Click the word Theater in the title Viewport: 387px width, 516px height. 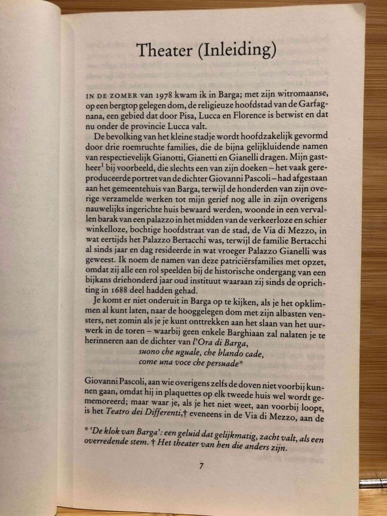[163, 51]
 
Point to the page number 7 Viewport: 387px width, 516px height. [201, 466]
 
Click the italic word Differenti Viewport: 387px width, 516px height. [177, 415]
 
